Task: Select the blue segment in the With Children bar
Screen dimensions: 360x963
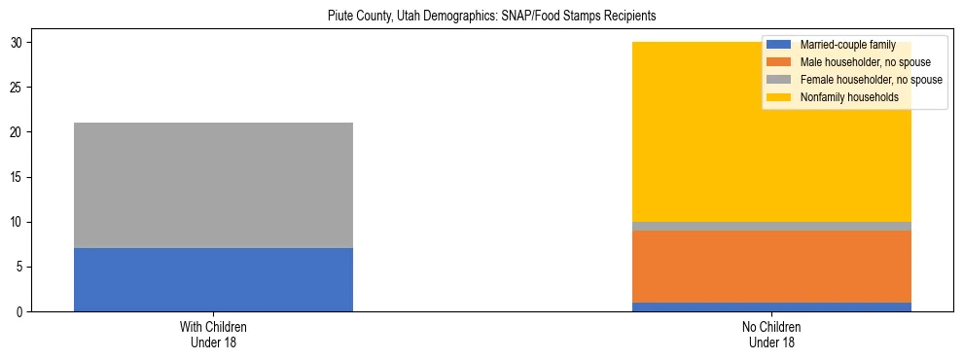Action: [x=213, y=279]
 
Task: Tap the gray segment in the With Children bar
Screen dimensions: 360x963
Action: [x=213, y=185]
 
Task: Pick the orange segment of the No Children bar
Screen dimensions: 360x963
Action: [x=771, y=267]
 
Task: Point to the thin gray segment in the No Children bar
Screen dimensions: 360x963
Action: [x=771, y=226]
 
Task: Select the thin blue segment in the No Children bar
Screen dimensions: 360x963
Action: [x=771, y=306]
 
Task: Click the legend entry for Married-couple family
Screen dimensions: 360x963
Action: [x=842, y=45]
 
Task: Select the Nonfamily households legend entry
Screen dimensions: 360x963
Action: [x=848, y=97]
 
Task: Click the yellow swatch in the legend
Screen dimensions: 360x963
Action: [x=779, y=97]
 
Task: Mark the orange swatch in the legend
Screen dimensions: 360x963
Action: [x=779, y=62]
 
